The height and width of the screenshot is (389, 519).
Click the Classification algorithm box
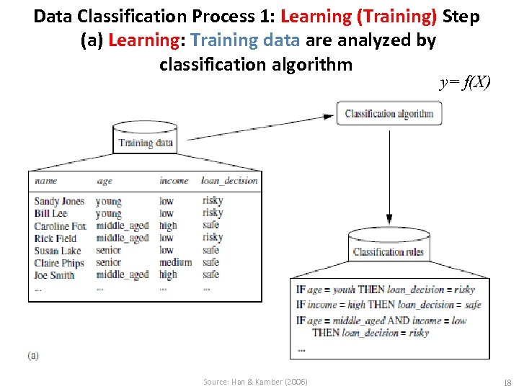(x=389, y=114)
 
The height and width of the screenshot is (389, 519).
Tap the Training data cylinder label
(x=146, y=143)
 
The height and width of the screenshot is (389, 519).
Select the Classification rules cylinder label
(x=389, y=252)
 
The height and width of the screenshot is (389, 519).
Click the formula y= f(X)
(x=465, y=82)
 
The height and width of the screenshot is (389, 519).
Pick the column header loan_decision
(x=229, y=181)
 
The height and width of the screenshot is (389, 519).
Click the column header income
(x=174, y=181)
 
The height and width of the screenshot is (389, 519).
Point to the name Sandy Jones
(x=59, y=202)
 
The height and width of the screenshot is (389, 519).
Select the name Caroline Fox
(x=60, y=226)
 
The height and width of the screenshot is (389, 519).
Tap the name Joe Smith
(x=54, y=275)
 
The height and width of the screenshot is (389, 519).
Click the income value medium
(x=175, y=263)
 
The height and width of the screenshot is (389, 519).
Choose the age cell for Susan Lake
(x=108, y=251)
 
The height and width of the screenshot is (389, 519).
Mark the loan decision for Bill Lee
(x=213, y=214)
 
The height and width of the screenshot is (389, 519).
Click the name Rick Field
(x=55, y=238)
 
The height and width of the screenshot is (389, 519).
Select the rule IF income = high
(x=388, y=305)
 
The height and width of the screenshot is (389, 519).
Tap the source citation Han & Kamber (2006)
(x=255, y=382)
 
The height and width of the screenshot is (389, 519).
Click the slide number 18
(x=507, y=382)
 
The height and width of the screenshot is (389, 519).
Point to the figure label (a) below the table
(x=33, y=355)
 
